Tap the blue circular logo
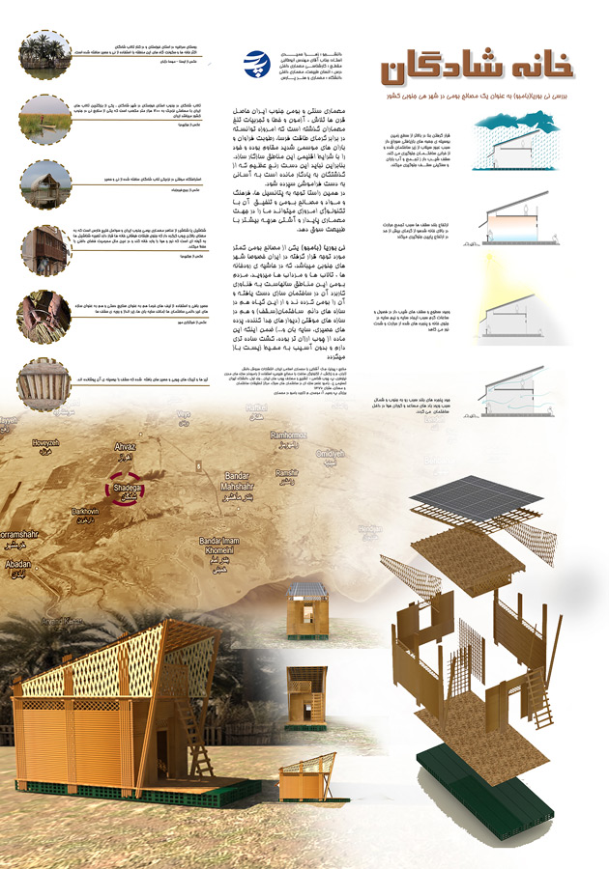259,63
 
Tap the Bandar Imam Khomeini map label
222,546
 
